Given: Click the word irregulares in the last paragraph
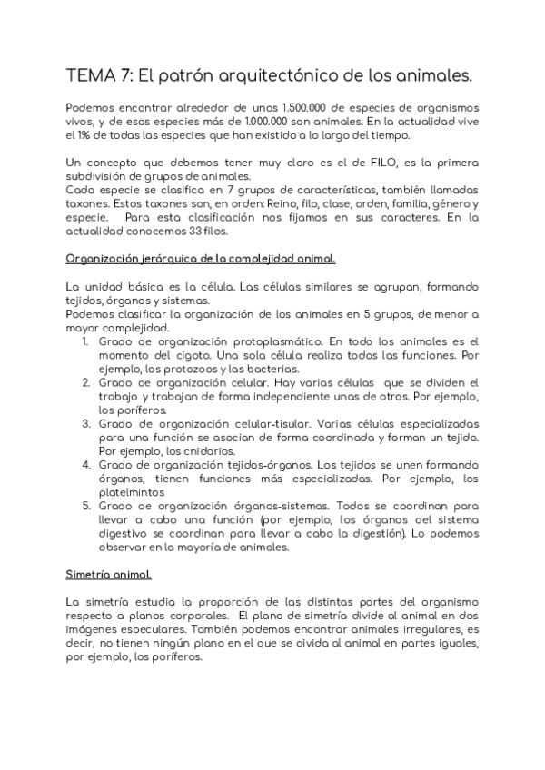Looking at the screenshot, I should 427,630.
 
